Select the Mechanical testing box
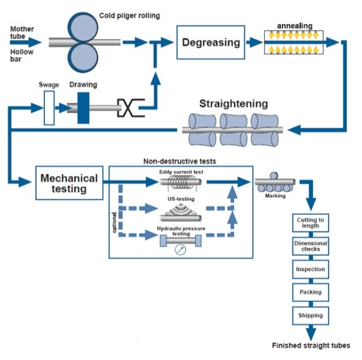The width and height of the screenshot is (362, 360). pos(69,183)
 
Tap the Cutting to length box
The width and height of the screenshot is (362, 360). pos(310,223)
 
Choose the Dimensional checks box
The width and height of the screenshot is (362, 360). pos(310,246)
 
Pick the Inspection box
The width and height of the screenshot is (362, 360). pos(310,269)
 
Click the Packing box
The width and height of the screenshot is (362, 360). pos(310,292)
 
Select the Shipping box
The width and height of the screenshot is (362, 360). pos(310,315)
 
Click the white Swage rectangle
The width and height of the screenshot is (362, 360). pos(50,108)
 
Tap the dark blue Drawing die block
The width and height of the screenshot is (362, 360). pos(84,108)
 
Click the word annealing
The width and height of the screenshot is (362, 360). pos(294,26)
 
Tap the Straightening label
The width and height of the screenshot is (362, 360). pos(233,104)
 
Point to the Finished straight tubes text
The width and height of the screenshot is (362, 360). pos(311,346)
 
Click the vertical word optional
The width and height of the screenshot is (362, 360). pos(115,221)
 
